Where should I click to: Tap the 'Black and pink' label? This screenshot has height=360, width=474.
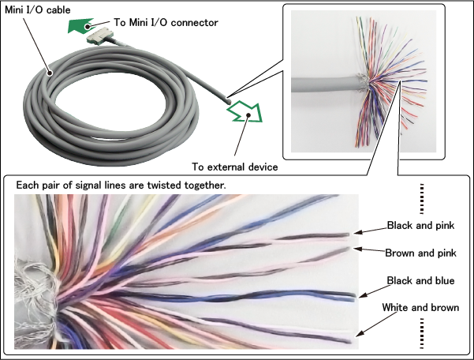[x=420, y=225]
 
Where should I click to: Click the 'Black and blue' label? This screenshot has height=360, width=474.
[x=421, y=280]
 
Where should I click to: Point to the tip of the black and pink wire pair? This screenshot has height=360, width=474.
[x=350, y=234]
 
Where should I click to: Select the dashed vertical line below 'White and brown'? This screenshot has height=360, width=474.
[x=422, y=332]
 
